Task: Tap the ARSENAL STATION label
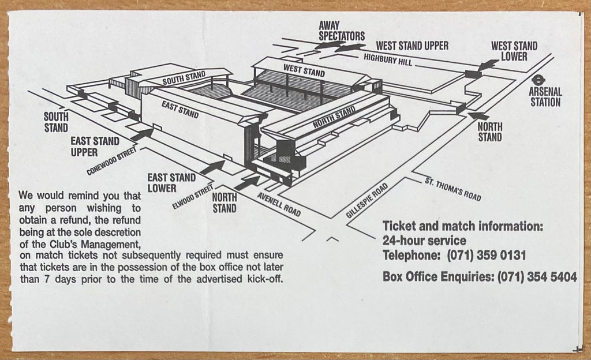(x=545, y=97)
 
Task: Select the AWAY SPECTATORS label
(x=341, y=31)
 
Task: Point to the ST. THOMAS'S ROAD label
(x=452, y=189)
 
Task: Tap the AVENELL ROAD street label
(x=279, y=204)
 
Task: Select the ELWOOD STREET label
(x=192, y=198)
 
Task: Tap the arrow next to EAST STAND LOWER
(x=212, y=167)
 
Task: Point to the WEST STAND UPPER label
(x=412, y=45)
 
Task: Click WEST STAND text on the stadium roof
(x=304, y=71)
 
